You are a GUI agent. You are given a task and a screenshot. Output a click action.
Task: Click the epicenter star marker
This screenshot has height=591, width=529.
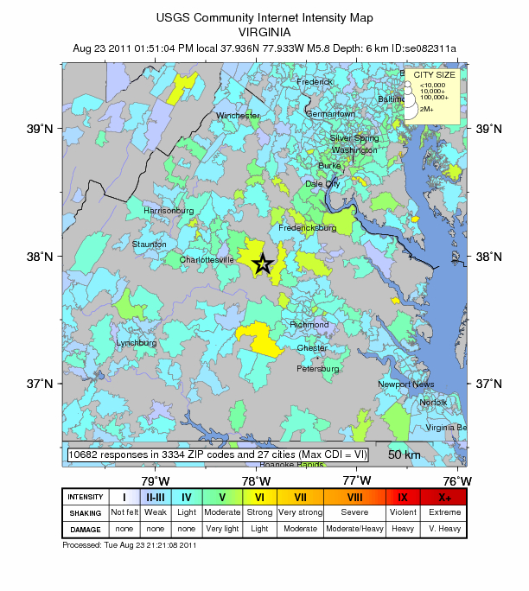point(263,264)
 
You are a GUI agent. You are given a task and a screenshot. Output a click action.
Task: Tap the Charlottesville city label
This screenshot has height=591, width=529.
point(207,259)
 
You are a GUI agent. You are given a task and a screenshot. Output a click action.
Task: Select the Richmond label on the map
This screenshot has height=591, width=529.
point(309,325)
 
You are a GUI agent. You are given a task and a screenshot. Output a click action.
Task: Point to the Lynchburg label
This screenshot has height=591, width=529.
point(137,343)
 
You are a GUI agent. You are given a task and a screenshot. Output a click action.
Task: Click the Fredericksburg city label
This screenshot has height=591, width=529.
point(307,228)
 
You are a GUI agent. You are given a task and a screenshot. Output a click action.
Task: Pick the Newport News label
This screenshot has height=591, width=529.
point(405,384)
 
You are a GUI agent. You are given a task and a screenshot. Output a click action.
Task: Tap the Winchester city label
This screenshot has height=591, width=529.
point(238,116)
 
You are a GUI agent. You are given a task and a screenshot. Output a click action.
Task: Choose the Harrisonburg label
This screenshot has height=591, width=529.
point(169,211)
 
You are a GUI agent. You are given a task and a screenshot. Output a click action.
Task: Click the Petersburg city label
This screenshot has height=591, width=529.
point(318,369)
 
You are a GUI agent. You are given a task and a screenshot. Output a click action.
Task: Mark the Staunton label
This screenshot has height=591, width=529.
point(149,245)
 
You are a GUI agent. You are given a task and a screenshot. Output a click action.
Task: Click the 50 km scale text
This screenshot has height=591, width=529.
point(404,455)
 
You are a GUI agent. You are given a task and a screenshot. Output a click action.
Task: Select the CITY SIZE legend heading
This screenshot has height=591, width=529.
point(434,75)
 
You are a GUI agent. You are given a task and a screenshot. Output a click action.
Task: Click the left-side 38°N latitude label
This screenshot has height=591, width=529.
point(42,257)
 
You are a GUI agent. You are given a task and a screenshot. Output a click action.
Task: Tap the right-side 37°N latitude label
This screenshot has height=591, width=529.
point(489,384)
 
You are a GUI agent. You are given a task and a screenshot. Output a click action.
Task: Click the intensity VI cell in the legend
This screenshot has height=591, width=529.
point(258,497)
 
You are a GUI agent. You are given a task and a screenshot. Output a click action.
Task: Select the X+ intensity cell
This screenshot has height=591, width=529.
point(444,497)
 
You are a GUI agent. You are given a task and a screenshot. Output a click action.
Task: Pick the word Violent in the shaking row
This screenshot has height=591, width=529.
point(403,512)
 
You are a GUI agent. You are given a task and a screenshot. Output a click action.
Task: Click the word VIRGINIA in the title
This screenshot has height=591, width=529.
point(263,30)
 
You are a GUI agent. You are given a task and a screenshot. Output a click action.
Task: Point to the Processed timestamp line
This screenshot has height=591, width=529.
point(129,545)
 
